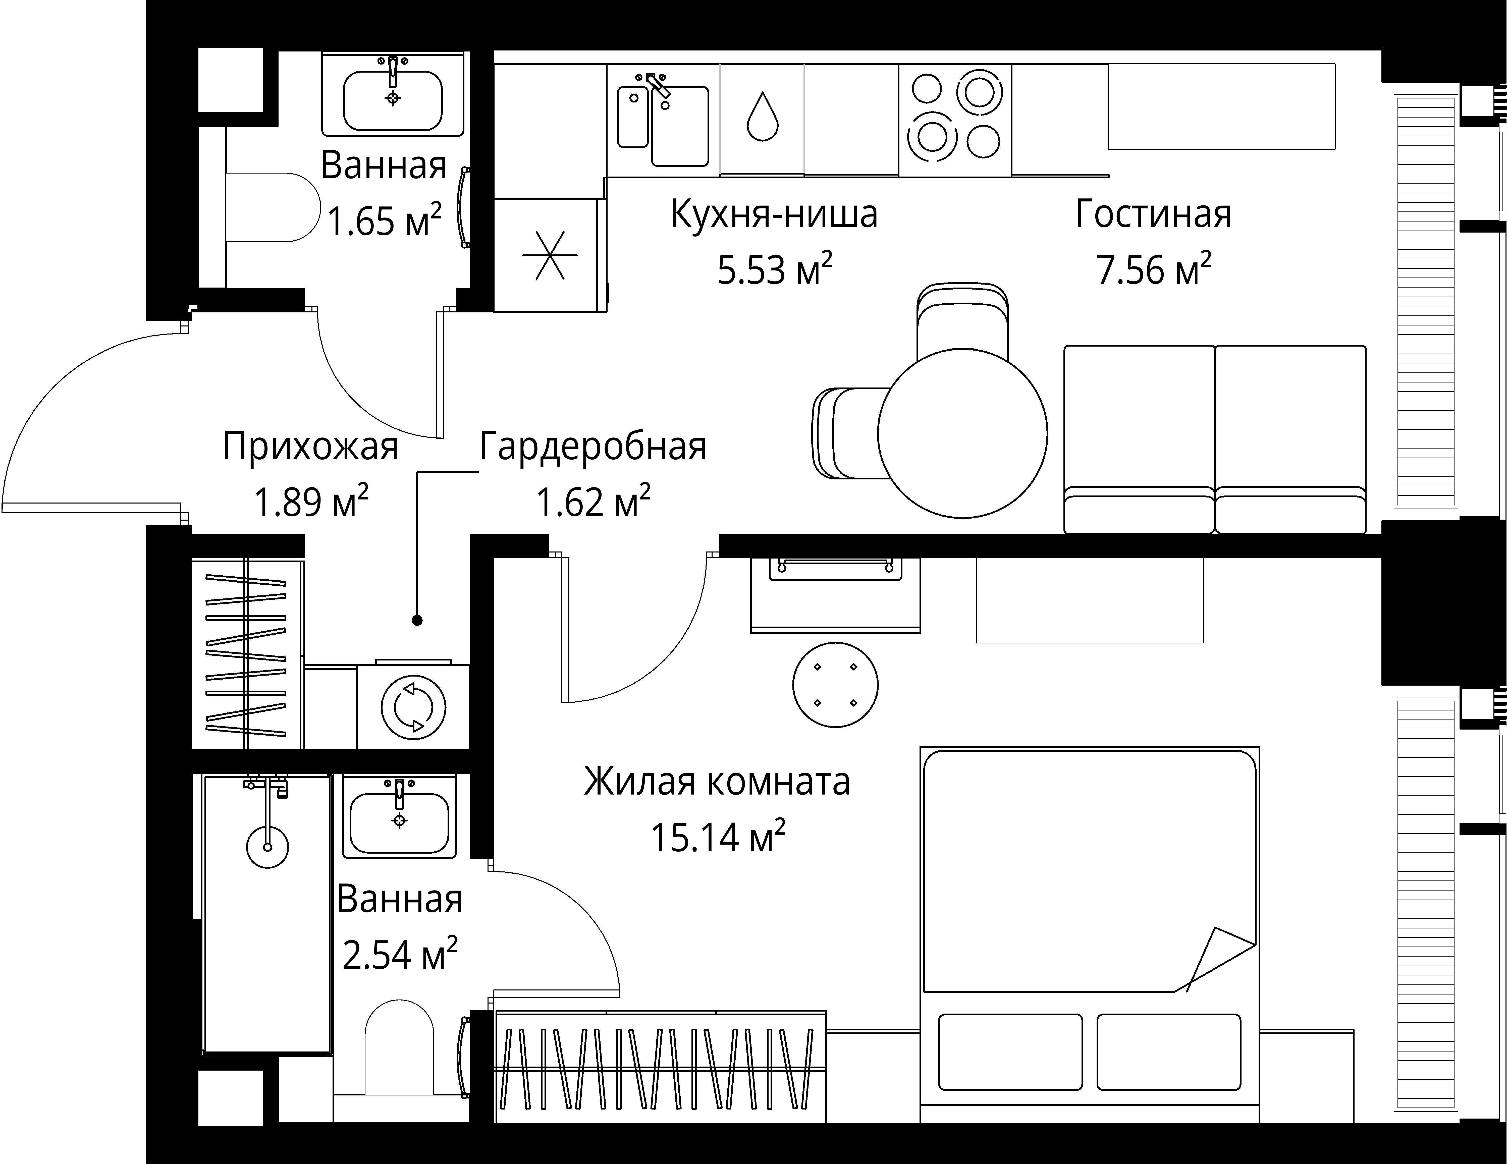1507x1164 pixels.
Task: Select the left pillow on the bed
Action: [x=1010, y=1051]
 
